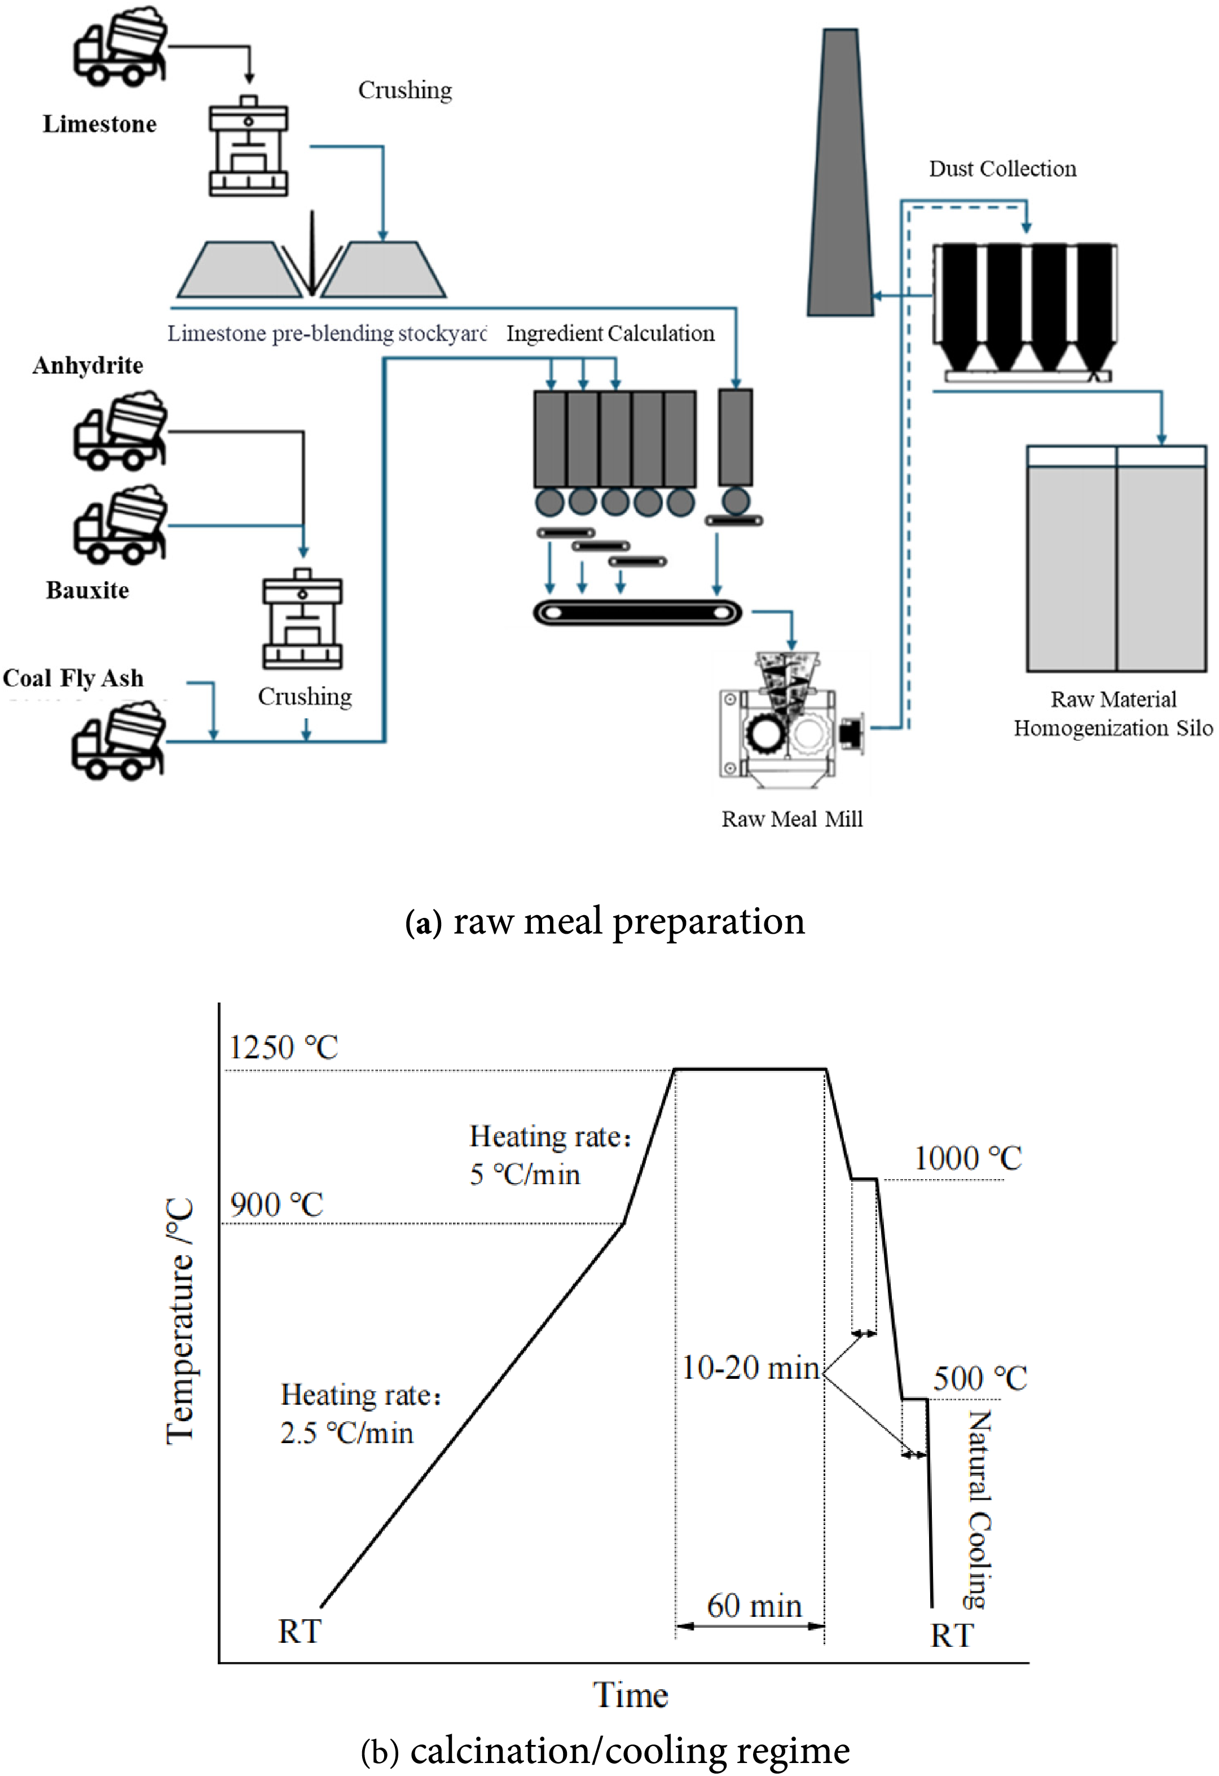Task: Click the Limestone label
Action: [x=99, y=124]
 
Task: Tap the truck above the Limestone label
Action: [x=120, y=47]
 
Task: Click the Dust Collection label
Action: [x=1002, y=169]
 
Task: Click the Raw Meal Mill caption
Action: [x=792, y=819]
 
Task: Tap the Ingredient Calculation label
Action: [x=610, y=334]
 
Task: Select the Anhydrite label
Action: [x=88, y=365]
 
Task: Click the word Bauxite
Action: [x=87, y=590]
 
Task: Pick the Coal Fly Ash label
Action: [x=73, y=678]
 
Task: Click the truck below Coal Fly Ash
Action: [x=119, y=741]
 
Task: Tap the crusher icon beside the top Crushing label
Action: [x=248, y=146]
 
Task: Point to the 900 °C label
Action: [x=276, y=1205]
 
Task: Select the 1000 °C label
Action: [x=967, y=1159]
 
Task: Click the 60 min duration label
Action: [x=754, y=1606]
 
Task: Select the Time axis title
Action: [x=631, y=1695]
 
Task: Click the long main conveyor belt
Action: [x=637, y=613]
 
